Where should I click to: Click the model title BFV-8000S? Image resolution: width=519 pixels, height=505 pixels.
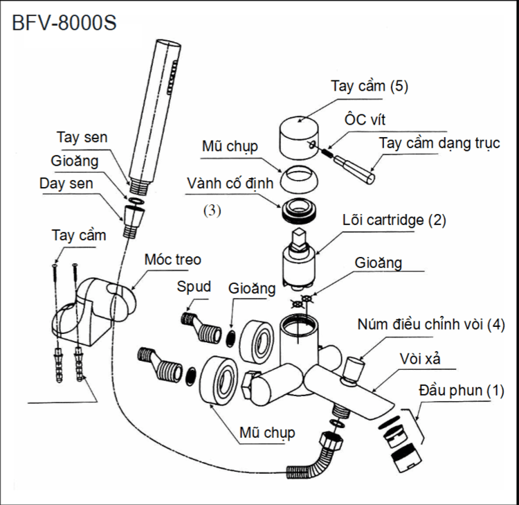point(64,22)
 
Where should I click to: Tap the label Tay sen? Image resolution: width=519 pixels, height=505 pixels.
point(82,137)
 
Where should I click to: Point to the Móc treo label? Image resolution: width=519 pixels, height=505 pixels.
point(173,260)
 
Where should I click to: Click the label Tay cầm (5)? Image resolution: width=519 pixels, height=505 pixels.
point(370,87)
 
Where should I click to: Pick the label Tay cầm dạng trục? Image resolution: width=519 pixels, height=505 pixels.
point(439,143)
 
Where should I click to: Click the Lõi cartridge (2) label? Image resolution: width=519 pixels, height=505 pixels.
point(394,221)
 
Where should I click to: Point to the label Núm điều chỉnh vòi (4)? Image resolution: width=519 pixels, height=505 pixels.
point(431,324)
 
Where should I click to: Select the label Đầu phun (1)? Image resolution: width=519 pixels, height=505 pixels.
point(459,390)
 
